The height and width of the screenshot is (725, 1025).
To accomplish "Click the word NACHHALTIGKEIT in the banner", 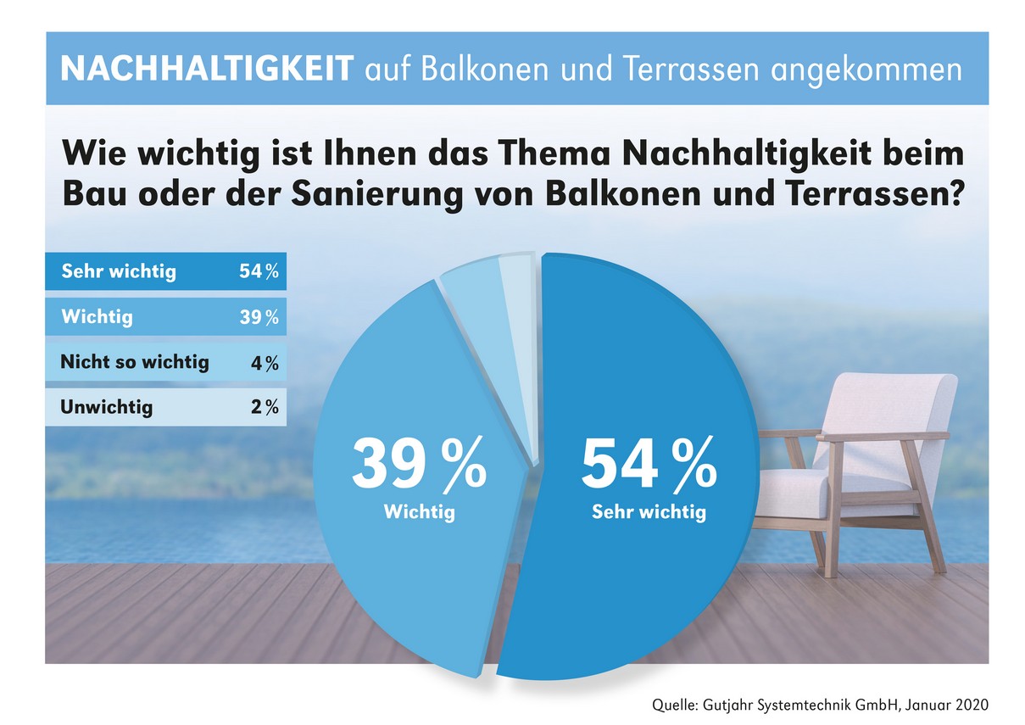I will (x=206, y=69).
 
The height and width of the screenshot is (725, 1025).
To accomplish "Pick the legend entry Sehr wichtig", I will (x=119, y=271).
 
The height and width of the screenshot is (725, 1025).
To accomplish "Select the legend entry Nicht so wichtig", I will (x=134, y=362).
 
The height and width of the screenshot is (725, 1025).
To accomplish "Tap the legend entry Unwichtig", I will (x=107, y=408).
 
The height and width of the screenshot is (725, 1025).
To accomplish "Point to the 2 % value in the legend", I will (x=265, y=408).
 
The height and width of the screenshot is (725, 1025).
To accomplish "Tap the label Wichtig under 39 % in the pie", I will (x=419, y=513).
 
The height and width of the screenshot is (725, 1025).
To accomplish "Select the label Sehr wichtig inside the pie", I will (x=649, y=513).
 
